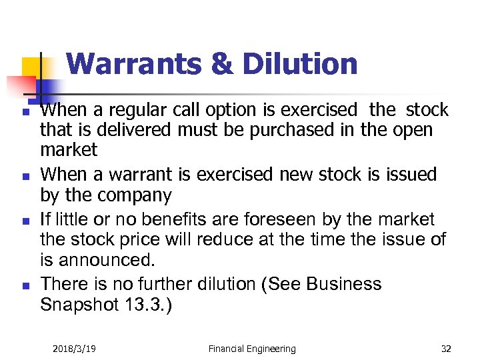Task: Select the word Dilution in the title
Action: point(300,64)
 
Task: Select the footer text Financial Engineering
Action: point(251,348)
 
